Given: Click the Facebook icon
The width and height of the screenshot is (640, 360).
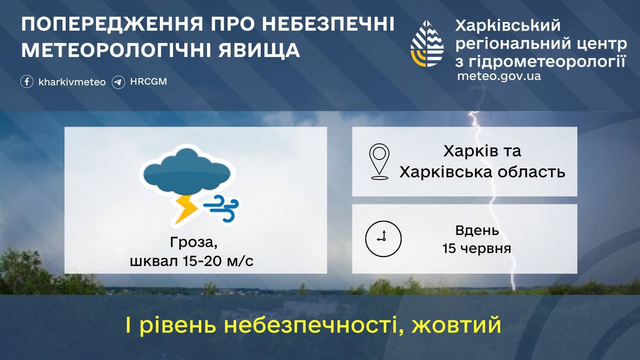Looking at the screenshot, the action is pyautogui.click(x=27, y=81).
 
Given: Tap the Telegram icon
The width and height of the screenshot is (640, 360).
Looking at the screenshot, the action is pyautogui.click(x=118, y=82).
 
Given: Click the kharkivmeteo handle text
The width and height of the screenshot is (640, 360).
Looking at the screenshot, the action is pyautogui.click(x=72, y=82).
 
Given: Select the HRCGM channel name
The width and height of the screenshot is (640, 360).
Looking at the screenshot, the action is pyautogui.click(x=148, y=81).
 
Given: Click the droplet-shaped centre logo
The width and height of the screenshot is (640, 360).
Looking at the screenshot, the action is pyautogui.click(x=427, y=43).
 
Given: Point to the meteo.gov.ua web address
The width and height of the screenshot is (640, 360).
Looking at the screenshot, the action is pyautogui.click(x=499, y=76).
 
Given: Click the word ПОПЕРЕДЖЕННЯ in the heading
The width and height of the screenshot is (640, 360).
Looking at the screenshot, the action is pyautogui.click(x=112, y=24).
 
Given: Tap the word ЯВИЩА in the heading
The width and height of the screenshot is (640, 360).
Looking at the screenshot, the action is pyautogui.click(x=259, y=50).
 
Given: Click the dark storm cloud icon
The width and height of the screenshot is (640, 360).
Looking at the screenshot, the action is pyautogui.click(x=187, y=171).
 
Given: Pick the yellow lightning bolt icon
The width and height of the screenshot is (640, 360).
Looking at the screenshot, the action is pyautogui.click(x=186, y=209).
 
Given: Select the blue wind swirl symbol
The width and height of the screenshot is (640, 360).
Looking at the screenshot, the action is pyautogui.click(x=221, y=208).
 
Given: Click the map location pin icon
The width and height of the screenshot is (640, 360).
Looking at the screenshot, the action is pyautogui.click(x=379, y=161).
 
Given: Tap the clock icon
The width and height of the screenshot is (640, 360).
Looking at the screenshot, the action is pyautogui.click(x=383, y=238).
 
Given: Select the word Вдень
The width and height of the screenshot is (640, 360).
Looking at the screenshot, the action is pyautogui.click(x=477, y=230).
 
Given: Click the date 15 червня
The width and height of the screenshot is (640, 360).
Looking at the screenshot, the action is pyautogui.click(x=477, y=248).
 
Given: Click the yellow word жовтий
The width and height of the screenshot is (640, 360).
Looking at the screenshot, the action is pyautogui.click(x=456, y=325).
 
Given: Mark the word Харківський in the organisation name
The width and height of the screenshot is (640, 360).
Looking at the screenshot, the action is pyautogui.click(x=507, y=25).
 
